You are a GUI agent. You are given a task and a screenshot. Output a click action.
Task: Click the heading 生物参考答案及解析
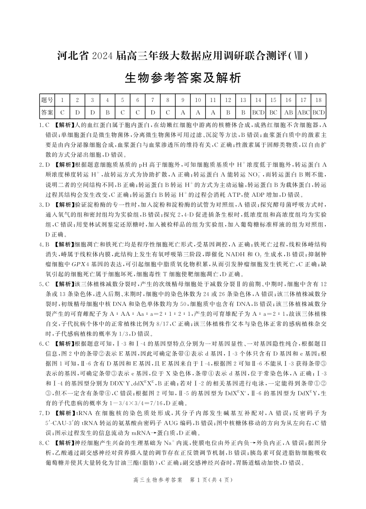(x=182, y=79)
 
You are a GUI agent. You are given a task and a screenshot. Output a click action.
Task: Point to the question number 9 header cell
(x=183, y=100)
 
